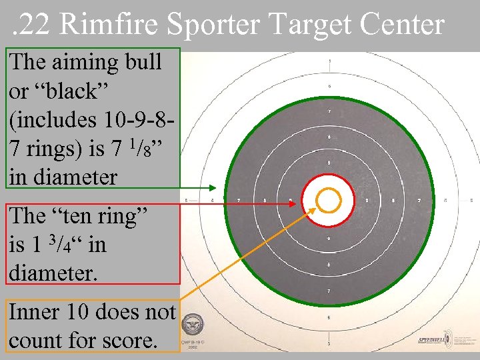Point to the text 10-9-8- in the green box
pyautogui.click(x=136, y=120)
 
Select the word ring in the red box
pyautogui.click(x=129, y=215)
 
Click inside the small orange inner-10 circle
pyautogui.click(x=328, y=199)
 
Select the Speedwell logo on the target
pyautogui.click(x=433, y=340)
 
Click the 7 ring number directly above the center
pyautogui.click(x=329, y=111)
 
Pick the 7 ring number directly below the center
pyautogui.click(x=328, y=291)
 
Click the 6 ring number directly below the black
pyautogui.click(x=328, y=317)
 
